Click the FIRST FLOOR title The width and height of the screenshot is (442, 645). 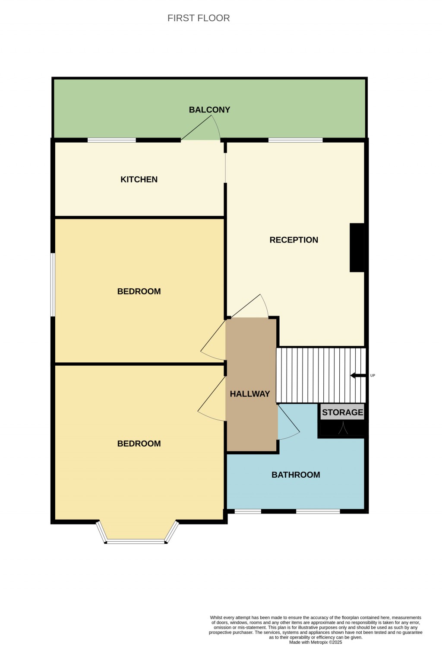pyautogui.click(x=199, y=18)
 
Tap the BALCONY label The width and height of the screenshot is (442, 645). pyautogui.click(x=209, y=110)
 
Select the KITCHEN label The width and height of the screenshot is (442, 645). pyautogui.click(x=139, y=179)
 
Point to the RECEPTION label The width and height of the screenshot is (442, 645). pyautogui.click(x=294, y=240)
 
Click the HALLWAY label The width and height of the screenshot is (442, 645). pyautogui.click(x=250, y=394)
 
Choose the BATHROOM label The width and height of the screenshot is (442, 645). pyautogui.click(x=296, y=475)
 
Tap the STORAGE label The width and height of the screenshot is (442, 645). pyautogui.click(x=342, y=412)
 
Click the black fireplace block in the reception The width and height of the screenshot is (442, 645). pyautogui.click(x=357, y=248)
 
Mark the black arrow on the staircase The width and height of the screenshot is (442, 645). pyautogui.click(x=358, y=375)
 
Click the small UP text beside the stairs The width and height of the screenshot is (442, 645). pyautogui.click(x=373, y=375)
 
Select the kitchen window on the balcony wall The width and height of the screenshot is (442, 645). pyautogui.click(x=112, y=140)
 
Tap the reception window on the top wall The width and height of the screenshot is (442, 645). pyautogui.click(x=295, y=140)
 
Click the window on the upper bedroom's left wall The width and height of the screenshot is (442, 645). pyautogui.click(x=53, y=285)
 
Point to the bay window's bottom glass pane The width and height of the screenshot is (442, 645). pyautogui.click(x=136, y=541)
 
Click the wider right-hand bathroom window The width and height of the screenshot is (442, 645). pyautogui.click(x=318, y=512)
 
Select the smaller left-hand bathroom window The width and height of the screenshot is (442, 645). pyautogui.click(x=248, y=512)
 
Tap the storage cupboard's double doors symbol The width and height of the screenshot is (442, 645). pyautogui.click(x=343, y=428)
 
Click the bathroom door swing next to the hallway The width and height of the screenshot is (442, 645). pyautogui.click(x=287, y=424)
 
